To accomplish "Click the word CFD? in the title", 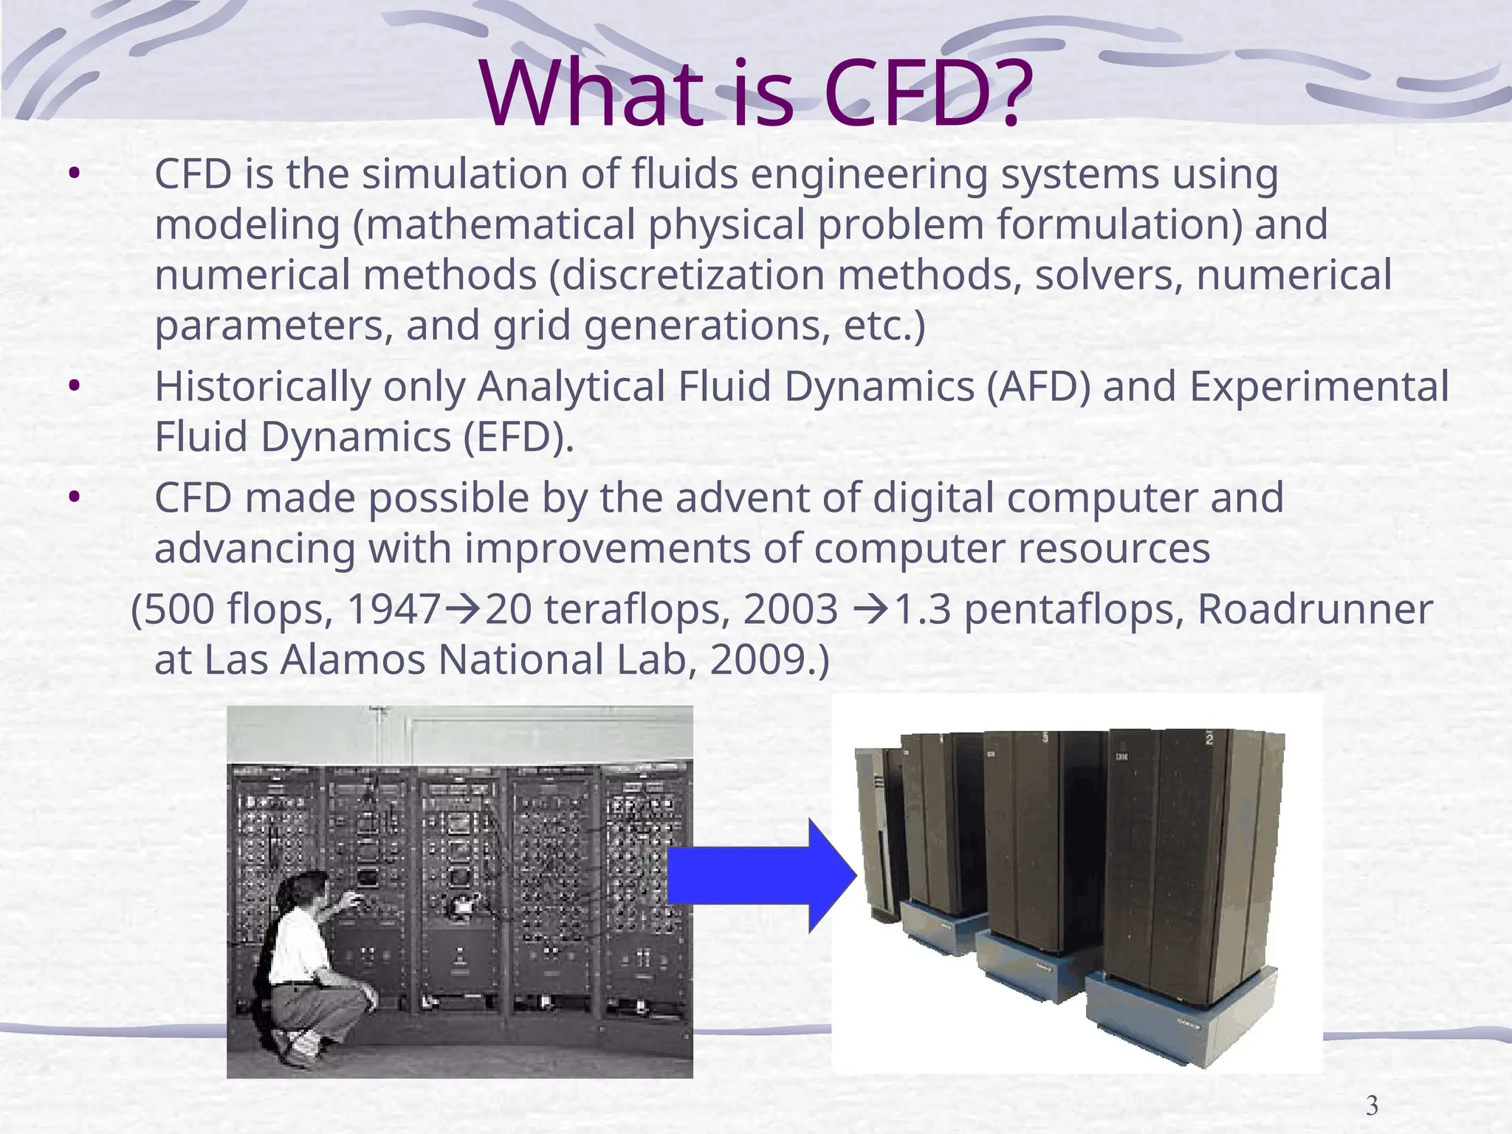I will pyautogui.click(x=927, y=94).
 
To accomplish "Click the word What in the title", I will pyautogui.click(x=591, y=94).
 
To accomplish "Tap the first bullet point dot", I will pyautogui.click(x=73, y=175).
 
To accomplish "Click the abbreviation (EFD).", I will pyautogui.click(x=518, y=437).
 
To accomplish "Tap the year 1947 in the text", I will pyautogui.click(x=394, y=611).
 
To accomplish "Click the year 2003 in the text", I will pyautogui.click(x=791, y=611).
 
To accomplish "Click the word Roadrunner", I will pyautogui.click(x=1314, y=611).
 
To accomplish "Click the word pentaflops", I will pyautogui.click(x=1074, y=611).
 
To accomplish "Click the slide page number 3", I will pyautogui.click(x=1372, y=1106).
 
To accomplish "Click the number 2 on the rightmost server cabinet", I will pyautogui.click(x=1209, y=738).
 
